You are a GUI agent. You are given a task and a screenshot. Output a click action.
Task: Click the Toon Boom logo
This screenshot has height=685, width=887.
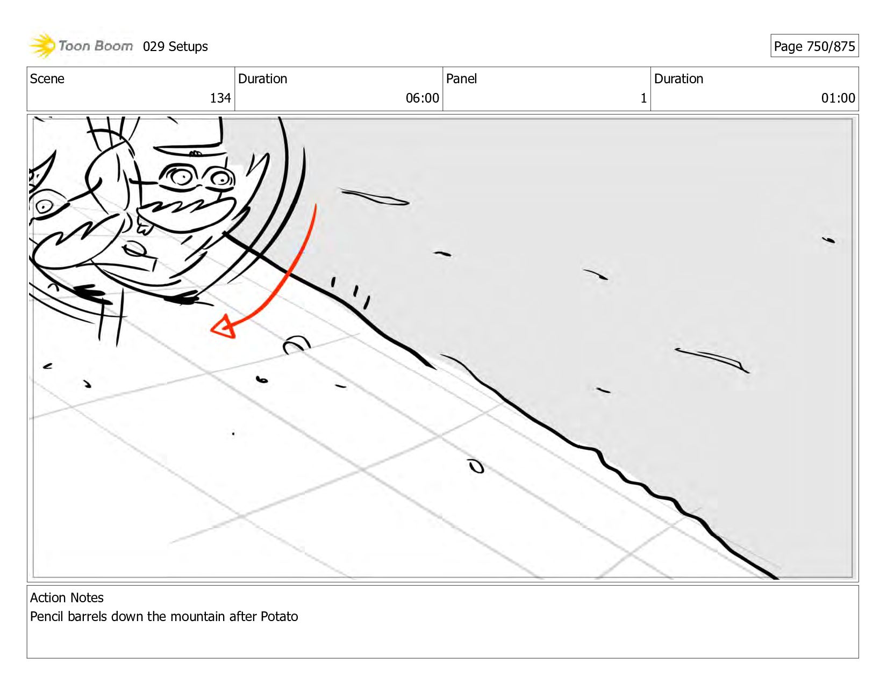click(81, 46)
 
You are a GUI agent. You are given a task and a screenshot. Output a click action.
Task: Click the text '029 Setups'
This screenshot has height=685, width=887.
click(175, 47)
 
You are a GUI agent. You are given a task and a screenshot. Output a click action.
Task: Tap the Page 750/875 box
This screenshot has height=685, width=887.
click(814, 46)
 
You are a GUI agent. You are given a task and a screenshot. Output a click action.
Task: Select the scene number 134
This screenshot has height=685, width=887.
click(220, 98)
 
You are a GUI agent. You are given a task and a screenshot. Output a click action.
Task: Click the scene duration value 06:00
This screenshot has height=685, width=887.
click(422, 98)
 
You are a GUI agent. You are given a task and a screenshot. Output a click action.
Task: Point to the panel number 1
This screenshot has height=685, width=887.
click(643, 98)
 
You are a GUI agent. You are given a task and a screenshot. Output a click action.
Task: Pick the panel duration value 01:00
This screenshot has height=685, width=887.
click(838, 98)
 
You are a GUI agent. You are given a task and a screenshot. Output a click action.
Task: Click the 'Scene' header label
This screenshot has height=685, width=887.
click(47, 78)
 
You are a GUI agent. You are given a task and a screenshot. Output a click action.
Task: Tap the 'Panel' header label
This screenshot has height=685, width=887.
click(461, 78)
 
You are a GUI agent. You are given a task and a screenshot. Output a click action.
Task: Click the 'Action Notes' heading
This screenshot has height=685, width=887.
click(67, 597)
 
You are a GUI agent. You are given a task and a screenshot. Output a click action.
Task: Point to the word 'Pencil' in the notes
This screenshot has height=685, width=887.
click(47, 616)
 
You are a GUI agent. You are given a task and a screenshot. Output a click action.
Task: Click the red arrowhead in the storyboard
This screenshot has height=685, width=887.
click(223, 327)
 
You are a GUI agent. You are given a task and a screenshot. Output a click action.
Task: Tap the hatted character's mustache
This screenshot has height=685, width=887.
click(187, 207)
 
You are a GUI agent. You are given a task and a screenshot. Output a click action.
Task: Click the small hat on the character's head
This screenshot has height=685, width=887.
click(190, 135)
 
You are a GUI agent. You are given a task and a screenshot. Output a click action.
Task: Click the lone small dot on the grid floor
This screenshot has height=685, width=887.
click(233, 434)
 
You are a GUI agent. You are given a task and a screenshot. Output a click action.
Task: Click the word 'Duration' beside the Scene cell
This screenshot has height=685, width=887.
click(262, 78)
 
